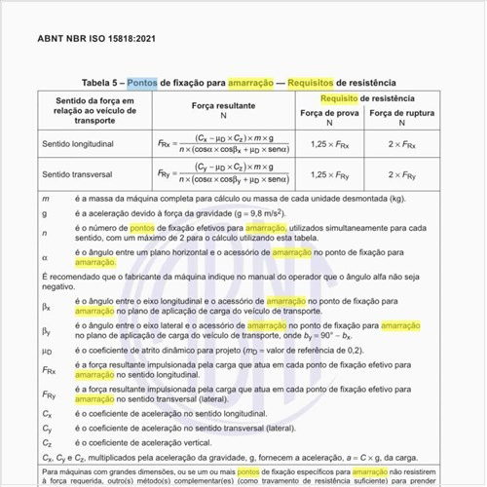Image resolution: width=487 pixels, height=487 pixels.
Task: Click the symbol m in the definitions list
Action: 45,199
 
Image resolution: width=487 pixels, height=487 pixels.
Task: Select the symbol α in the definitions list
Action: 45,256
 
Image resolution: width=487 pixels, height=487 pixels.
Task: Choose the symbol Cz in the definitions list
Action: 47,441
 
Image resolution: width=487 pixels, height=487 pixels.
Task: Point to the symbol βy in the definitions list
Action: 47,331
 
